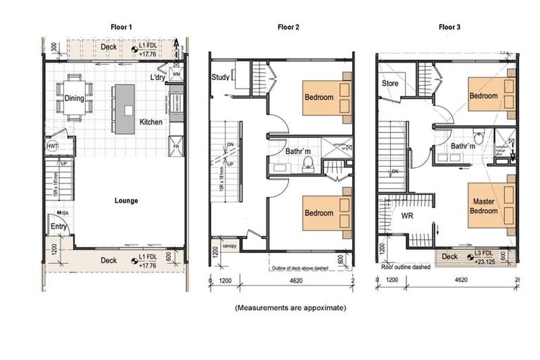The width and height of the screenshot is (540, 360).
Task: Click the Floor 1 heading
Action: (121, 27)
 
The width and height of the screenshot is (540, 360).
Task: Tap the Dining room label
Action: (75, 98)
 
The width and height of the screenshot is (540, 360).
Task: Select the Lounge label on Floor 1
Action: (127, 200)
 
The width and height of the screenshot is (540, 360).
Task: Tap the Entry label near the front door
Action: (58, 226)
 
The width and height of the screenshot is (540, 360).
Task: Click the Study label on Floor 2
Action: (219, 77)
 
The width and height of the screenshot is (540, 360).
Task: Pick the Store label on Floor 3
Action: (390, 84)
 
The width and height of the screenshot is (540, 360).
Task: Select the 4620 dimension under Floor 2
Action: (292, 281)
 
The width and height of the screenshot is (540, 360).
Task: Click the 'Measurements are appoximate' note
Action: (290, 307)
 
